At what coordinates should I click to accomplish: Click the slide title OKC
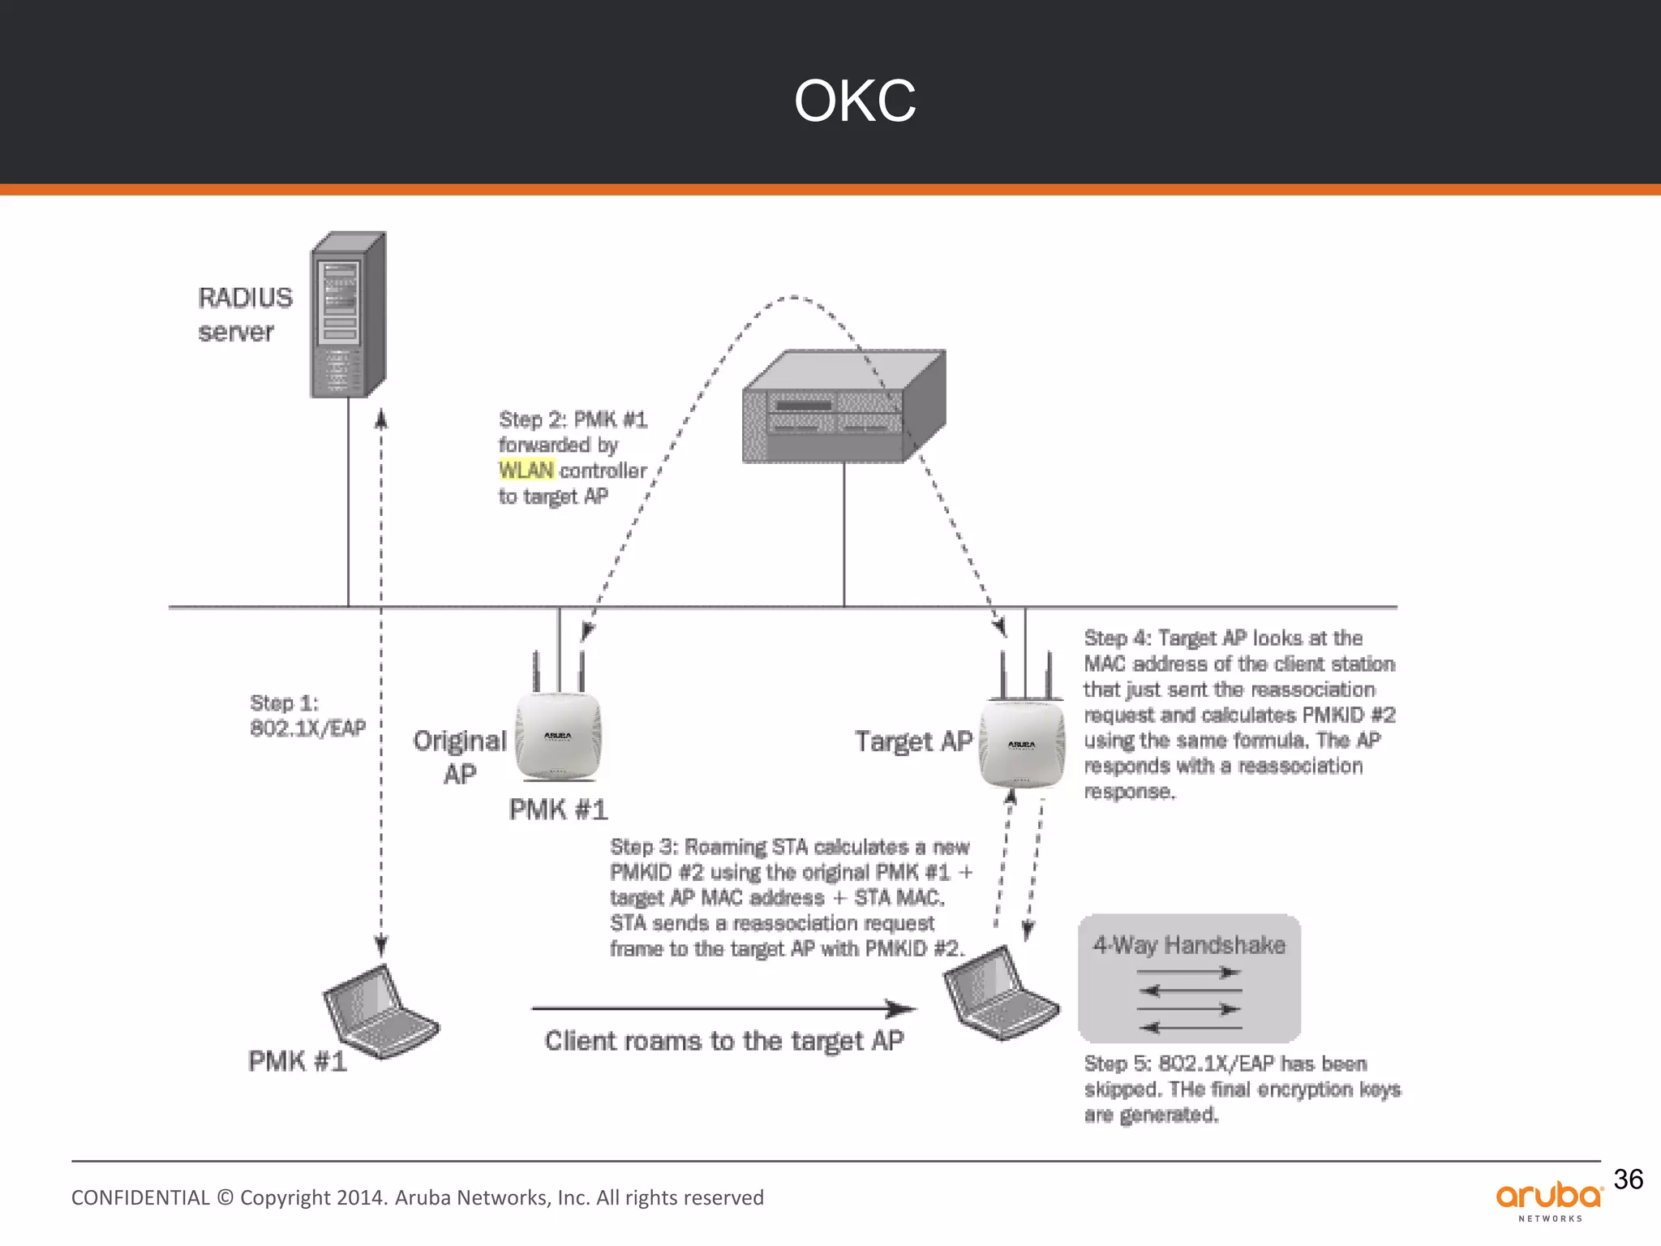[855, 101]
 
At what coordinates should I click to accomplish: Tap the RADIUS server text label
[244, 315]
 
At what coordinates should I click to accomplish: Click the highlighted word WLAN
[526, 470]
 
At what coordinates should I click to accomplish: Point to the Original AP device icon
[558, 734]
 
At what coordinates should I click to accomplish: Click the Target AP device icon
[1022, 742]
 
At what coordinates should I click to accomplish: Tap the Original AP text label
[459, 756]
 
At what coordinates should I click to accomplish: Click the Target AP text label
[913, 741]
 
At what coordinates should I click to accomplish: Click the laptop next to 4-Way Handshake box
[999, 995]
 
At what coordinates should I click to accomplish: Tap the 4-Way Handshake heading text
[1189, 945]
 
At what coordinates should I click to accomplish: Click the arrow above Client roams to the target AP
[723, 1009]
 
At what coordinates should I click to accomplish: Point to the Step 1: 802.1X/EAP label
[307, 715]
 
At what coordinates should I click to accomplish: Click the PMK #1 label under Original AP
[558, 810]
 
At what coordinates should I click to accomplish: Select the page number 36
[1628, 1179]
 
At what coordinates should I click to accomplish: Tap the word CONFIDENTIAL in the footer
[140, 1198]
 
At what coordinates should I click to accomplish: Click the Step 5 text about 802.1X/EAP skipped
[1241, 1089]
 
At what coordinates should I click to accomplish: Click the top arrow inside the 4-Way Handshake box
[1189, 972]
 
